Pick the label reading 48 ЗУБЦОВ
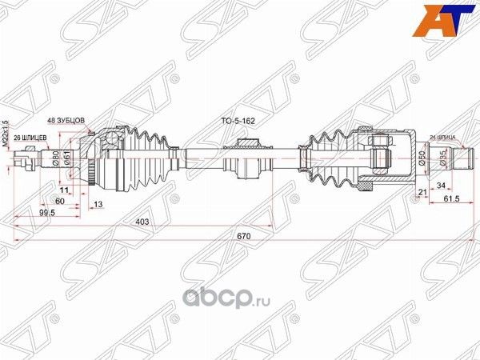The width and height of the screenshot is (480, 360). [x=68, y=120]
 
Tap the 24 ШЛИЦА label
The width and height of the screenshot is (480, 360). [x=444, y=137]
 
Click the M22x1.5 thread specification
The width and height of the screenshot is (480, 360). [x=6, y=133]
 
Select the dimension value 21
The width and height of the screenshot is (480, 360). [x=421, y=192]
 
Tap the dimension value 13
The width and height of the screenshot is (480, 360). [x=98, y=204]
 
